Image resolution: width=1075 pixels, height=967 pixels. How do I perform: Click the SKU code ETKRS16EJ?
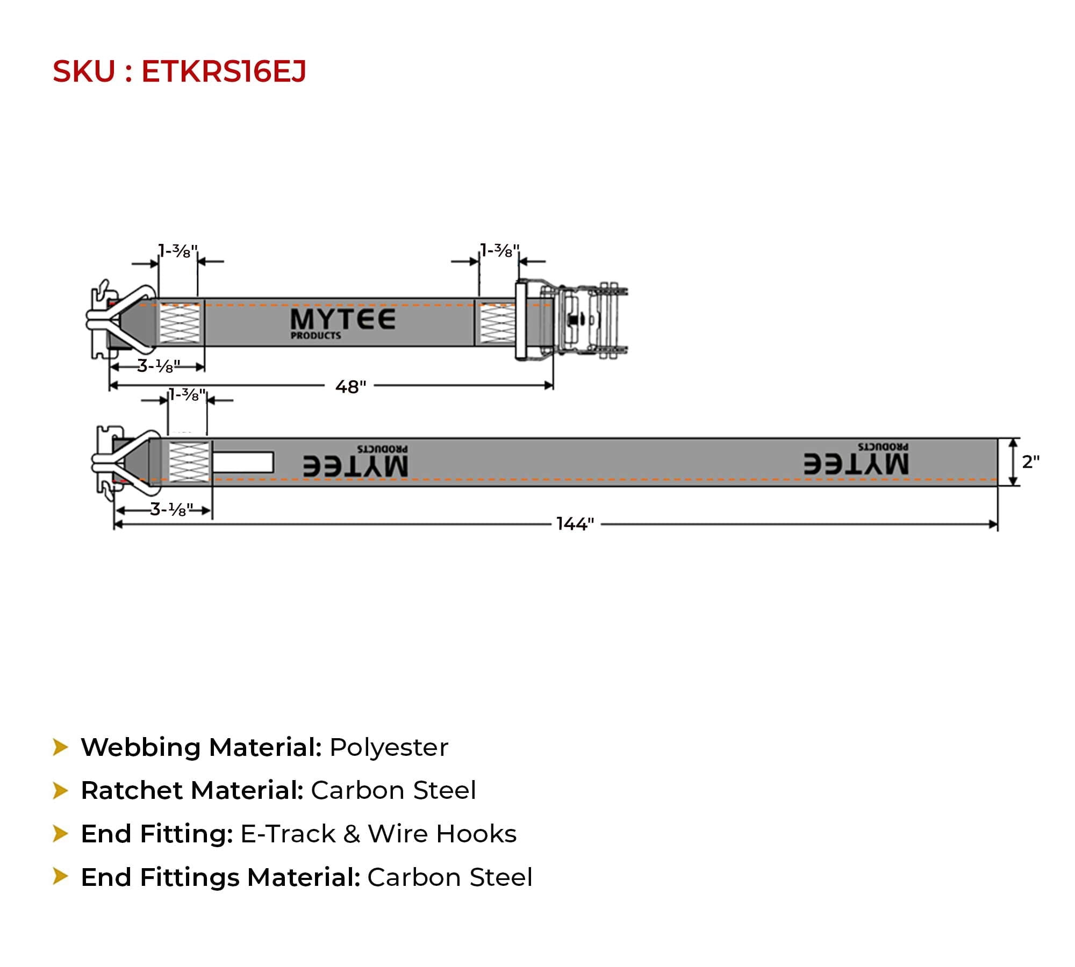coord(224,71)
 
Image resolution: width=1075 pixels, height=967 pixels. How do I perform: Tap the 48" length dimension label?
coord(350,387)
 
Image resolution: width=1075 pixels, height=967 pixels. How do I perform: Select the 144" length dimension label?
coord(575,524)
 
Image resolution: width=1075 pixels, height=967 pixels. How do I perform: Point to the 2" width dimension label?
coord(1031,461)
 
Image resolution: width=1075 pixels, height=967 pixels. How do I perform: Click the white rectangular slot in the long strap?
coord(243,463)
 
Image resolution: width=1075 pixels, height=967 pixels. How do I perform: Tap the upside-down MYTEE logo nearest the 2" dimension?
coord(856,459)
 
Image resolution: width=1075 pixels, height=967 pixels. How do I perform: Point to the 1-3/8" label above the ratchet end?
coord(500,250)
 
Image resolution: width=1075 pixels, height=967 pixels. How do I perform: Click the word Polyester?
coord(389,748)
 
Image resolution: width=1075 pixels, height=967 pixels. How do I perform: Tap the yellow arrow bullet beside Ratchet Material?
coord(60,791)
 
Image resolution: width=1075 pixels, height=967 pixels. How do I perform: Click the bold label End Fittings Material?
coord(220,878)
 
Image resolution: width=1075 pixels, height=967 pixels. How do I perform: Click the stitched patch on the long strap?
coord(189,462)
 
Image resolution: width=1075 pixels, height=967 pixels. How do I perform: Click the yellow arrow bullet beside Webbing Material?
coord(60,747)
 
